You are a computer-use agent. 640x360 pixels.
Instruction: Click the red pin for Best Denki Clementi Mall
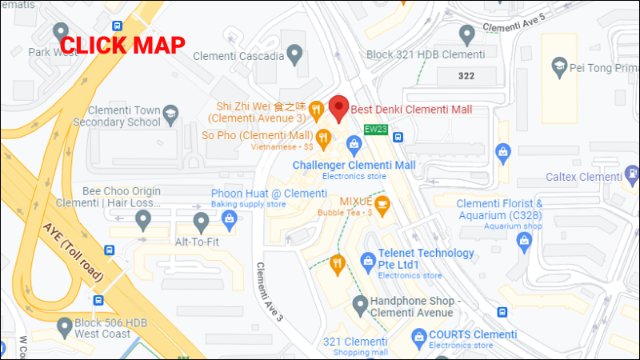[339, 107]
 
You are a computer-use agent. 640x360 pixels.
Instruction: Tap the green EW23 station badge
[375, 128]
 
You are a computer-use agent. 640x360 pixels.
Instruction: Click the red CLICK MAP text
[123, 46]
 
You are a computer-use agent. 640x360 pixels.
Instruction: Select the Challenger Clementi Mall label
[354, 165]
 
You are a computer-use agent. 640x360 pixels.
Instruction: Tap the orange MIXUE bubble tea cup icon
[382, 206]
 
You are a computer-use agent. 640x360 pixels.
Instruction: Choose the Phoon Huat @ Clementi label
[269, 194]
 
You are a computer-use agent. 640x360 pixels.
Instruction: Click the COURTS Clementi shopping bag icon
[418, 335]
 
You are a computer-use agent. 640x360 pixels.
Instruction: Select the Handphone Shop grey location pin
[358, 305]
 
